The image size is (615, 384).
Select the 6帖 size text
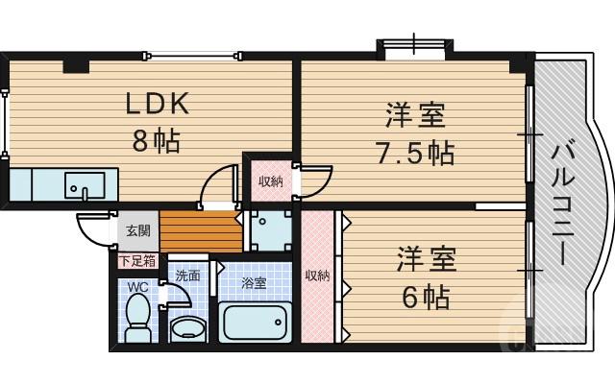tap(425, 297)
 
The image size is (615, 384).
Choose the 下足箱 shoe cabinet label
tap(137, 259)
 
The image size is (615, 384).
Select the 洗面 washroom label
tap(187, 276)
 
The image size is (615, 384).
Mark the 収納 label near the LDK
tap(270, 180)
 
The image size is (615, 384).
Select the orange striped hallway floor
tap(200, 231)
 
